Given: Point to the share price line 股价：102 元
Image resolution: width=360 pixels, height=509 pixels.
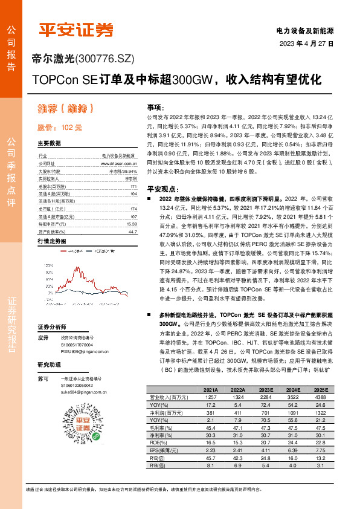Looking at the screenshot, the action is point(59,128).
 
